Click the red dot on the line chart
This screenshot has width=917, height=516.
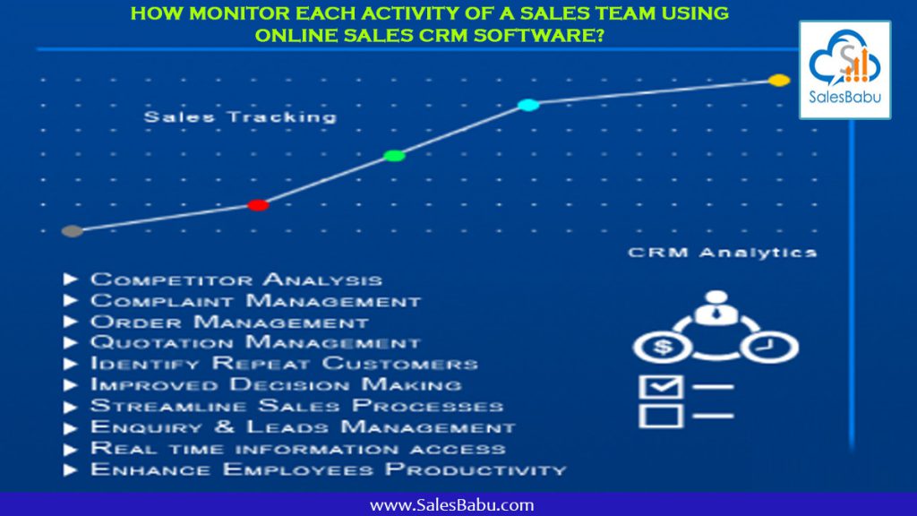258,205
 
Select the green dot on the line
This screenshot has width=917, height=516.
394,156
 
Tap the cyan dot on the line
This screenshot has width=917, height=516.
528,105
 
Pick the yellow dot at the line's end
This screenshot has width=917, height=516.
779,81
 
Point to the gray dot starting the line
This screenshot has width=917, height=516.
73,231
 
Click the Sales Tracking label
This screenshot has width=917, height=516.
240,117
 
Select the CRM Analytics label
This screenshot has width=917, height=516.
722,253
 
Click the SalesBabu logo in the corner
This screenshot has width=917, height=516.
844,70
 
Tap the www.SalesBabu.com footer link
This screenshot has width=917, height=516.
451,504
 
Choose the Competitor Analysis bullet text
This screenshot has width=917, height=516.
236,280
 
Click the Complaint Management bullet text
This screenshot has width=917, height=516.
255,301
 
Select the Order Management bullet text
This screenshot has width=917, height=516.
229,322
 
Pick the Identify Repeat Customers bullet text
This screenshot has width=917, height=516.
284,364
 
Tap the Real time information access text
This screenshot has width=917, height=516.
297,448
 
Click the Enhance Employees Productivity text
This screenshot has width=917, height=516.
328,469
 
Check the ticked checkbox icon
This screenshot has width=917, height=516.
660,387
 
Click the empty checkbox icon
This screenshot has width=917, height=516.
660,415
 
